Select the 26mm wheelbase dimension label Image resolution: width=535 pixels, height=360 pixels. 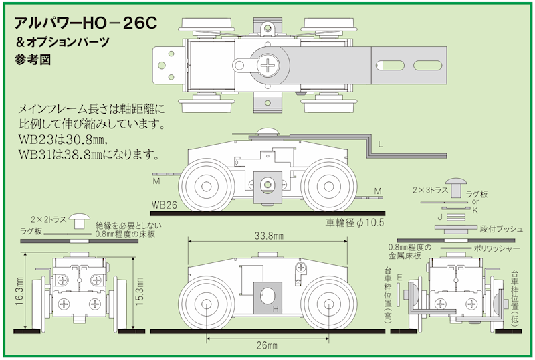267,345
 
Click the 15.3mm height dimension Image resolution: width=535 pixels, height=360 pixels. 138,292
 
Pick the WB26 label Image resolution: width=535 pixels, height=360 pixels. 165,205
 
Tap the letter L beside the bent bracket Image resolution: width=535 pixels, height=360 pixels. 380,144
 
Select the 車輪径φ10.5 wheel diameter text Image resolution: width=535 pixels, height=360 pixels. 355,222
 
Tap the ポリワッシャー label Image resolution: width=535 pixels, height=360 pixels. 496,248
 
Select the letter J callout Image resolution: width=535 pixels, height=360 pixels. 438,217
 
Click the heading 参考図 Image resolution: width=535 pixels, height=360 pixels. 32,59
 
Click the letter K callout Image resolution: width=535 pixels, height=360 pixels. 475,209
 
